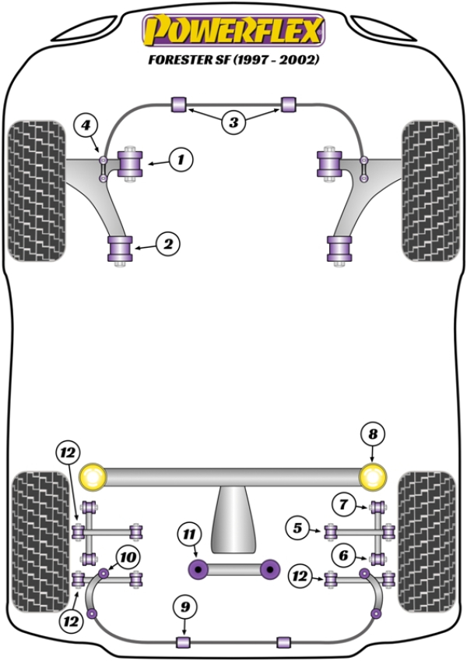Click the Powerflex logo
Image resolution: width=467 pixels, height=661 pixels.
tap(233, 32)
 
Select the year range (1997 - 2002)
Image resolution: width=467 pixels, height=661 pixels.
tap(279, 59)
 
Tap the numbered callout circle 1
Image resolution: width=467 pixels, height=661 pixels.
tap(181, 161)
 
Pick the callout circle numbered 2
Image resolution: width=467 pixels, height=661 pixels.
tap(167, 245)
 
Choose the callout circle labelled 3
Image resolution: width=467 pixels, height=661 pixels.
tap(233, 122)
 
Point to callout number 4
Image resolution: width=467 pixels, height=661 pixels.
tap(86, 125)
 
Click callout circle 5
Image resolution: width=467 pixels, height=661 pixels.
tap(297, 529)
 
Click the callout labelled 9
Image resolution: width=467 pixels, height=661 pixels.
tap(184, 606)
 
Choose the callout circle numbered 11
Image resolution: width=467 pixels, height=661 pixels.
tap(188, 535)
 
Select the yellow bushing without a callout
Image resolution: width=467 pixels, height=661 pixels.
tap(93, 475)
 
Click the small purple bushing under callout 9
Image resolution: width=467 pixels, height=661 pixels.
tap(184, 642)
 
